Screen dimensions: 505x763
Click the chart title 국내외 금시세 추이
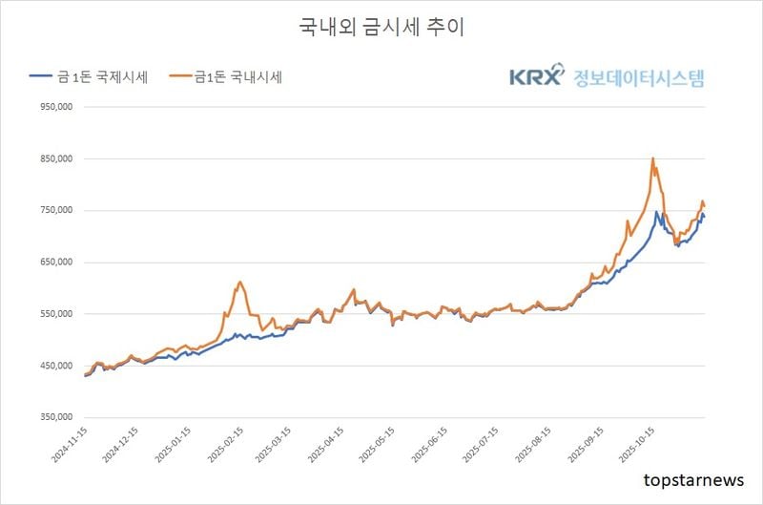381,27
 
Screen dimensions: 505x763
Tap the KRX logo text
537,77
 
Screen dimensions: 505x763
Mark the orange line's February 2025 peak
240,282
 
